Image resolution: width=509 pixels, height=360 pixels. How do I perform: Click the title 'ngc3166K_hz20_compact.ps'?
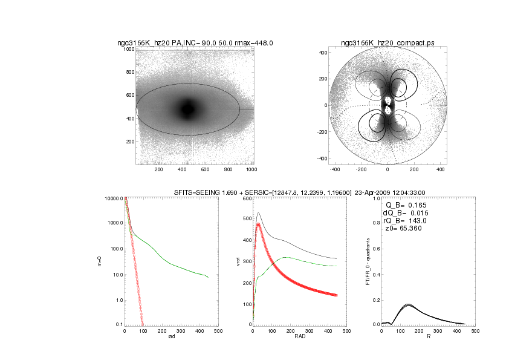(x=387, y=43)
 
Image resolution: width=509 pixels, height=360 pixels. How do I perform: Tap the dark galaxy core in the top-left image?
(x=188, y=110)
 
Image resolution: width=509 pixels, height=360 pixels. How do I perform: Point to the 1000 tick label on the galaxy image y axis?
(x=128, y=49)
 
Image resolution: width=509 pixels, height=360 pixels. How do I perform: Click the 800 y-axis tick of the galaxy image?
(x=129, y=72)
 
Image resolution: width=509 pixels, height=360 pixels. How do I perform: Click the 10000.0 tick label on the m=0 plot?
(x=114, y=198)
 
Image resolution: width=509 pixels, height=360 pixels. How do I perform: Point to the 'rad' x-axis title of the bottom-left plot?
(x=171, y=338)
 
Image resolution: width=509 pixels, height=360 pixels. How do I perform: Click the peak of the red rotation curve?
(x=259, y=224)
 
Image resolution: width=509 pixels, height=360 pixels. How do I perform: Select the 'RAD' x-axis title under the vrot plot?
(x=299, y=338)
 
